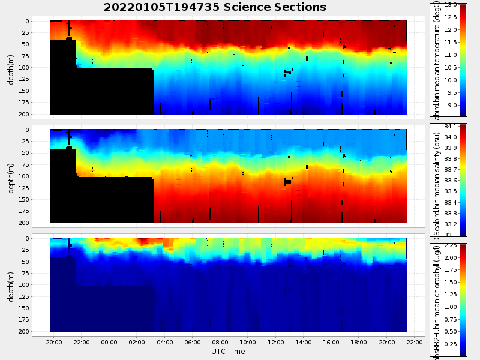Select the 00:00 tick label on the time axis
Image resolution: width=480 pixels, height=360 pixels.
(109, 342)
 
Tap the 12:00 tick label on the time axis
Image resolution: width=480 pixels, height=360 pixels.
(276, 342)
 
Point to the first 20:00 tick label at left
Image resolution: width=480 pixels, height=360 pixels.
(54, 342)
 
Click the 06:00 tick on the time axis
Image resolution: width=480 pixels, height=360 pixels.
(193, 342)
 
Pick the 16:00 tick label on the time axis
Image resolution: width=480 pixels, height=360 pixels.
(331, 342)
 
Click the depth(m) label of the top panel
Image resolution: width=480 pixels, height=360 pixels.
(11, 67)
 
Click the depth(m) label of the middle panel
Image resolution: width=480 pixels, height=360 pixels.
(11, 176)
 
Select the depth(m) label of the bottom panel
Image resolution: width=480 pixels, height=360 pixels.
(11, 284)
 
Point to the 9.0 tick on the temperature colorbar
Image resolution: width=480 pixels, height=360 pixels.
(450, 106)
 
